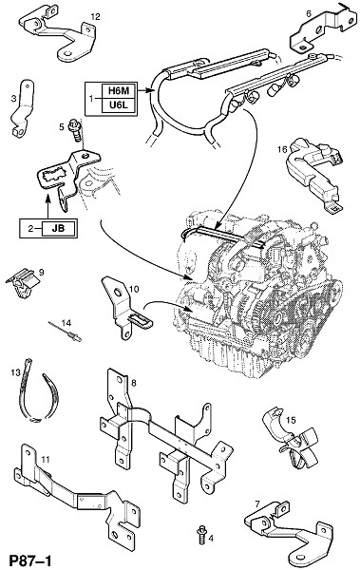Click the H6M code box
[x=119, y=90]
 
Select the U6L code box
[x=119, y=105]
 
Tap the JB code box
[x=59, y=228]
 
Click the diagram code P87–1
[x=29, y=560]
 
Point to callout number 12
[x=96, y=17]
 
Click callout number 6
[x=309, y=14]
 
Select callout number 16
[x=282, y=149]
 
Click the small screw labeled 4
[x=200, y=534]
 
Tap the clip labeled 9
[x=22, y=282]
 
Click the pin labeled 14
[x=65, y=331]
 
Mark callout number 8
[x=133, y=383]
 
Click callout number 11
[x=45, y=460]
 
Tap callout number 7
[x=257, y=503]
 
